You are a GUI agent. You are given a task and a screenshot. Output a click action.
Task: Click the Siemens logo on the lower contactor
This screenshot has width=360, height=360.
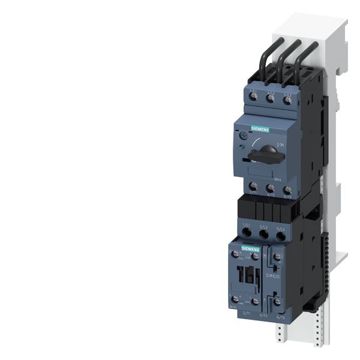tap(251, 247)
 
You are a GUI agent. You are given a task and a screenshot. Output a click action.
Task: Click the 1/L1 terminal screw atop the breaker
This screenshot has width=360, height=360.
tap(253, 97)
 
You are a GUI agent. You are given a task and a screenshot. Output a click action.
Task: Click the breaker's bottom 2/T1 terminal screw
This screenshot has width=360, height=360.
tap(253, 188)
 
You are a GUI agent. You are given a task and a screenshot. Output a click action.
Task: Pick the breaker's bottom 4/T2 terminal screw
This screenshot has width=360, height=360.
tap(271, 188)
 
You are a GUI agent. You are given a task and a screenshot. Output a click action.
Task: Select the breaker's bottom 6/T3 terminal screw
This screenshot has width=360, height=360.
tap(288, 188)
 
